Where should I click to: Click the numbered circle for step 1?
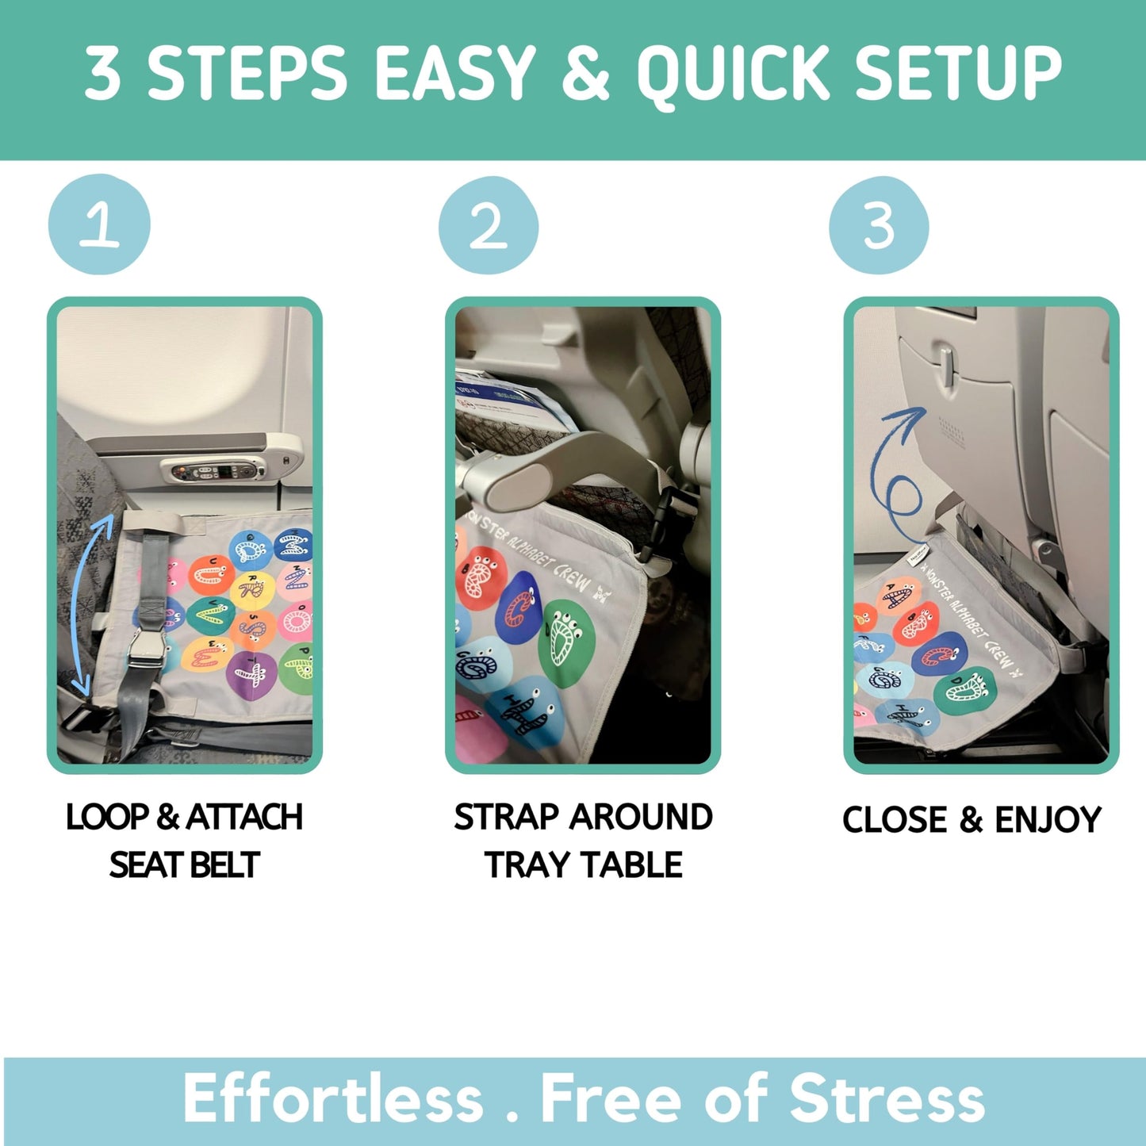click(99, 225)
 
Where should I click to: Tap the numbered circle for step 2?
click(489, 226)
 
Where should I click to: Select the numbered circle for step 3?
click(879, 226)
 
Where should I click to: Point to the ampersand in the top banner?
click(585, 73)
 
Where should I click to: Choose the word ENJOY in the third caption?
click(1048, 820)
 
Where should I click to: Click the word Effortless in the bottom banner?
click(333, 1099)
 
